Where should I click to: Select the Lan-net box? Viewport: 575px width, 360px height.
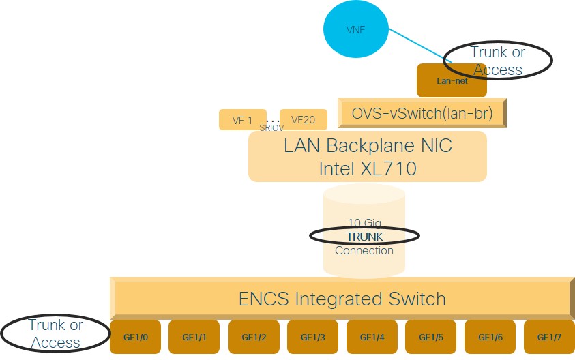[452, 80]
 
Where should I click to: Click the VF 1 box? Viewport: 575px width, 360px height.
[242, 120]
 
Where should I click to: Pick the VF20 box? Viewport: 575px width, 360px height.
[303, 120]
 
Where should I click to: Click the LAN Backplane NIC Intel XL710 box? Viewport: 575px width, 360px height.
[367, 157]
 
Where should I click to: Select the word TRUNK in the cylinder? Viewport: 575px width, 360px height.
[364, 236]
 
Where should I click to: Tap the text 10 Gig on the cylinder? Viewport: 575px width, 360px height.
[364, 222]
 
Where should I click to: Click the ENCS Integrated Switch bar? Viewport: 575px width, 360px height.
[341, 299]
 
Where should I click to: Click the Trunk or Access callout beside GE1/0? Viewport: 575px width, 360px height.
[55, 333]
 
